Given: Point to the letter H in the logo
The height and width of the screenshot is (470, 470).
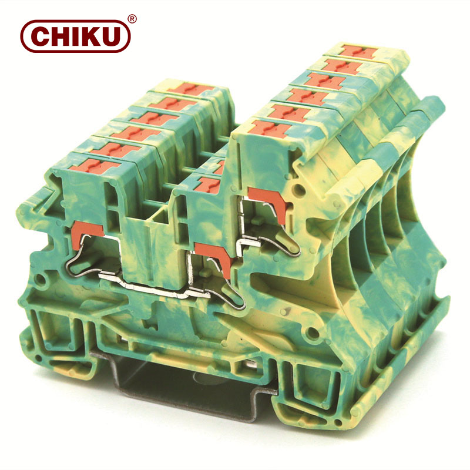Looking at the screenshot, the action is click(62, 36).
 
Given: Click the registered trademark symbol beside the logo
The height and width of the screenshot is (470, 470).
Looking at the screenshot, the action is click(132, 19).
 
